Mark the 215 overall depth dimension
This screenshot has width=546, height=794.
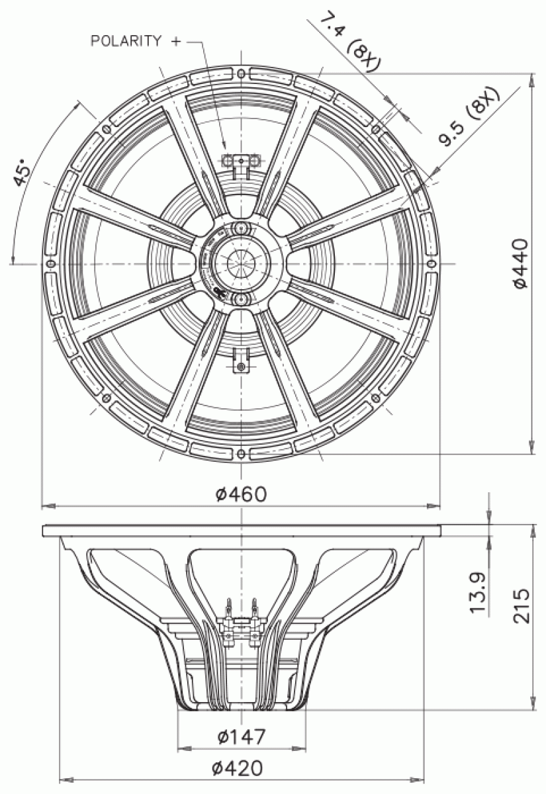click(522, 605)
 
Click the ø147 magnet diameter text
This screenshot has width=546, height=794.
click(242, 736)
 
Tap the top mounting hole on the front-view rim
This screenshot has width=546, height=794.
click(241, 73)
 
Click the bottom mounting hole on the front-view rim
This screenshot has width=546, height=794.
click(241, 454)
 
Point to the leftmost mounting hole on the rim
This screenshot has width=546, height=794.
click(50, 263)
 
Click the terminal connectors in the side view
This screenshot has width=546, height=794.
click(241, 622)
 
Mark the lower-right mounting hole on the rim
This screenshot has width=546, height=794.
click(376, 398)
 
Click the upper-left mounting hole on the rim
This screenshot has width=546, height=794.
click(106, 128)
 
